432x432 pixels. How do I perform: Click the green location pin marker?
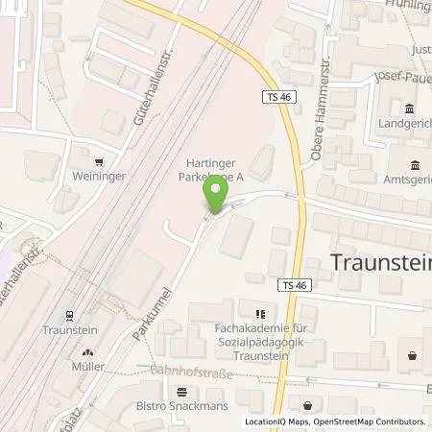pyautogui.click(x=216, y=195)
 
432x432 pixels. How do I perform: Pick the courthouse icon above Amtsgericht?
pyautogui.click(x=416, y=164)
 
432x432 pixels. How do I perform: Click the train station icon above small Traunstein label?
pyautogui.click(x=70, y=314)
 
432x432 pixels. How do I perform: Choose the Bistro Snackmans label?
pyautogui.click(x=183, y=405)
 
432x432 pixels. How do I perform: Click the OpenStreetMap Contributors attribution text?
pyautogui.click(x=371, y=421)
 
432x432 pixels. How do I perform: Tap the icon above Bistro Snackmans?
pyautogui.click(x=182, y=390)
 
